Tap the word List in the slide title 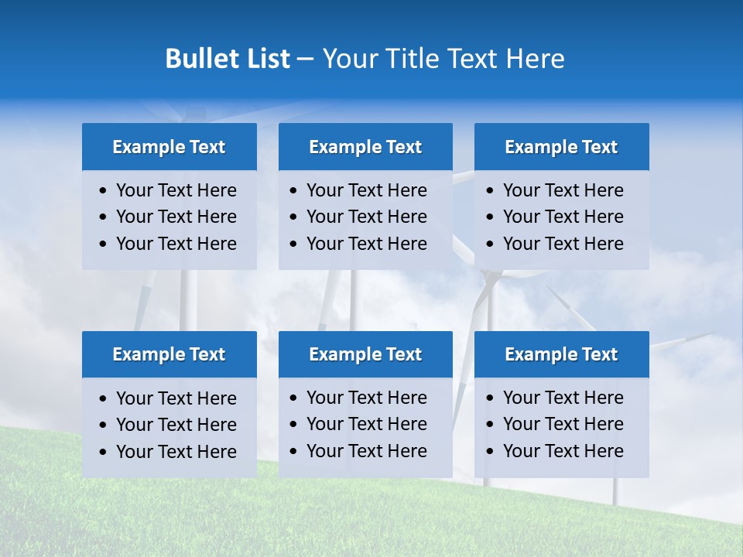tap(268, 59)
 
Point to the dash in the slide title tap(305, 59)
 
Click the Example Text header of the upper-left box tap(169, 147)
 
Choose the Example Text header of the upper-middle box tap(365, 147)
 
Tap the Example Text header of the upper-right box tap(561, 147)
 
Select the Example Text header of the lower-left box tap(169, 354)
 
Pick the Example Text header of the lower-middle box tap(365, 354)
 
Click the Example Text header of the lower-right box tap(561, 354)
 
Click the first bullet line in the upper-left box tap(176, 190)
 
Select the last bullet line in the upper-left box tap(176, 244)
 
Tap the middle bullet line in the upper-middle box tap(366, 217)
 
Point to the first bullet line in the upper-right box tap(563, 190)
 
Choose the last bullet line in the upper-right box tap(563, 244)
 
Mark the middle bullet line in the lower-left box tap(176, 425)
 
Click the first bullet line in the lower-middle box tap(366, 398)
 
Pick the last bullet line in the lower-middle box tap(366, 451)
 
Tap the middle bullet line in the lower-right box tap(563, 424)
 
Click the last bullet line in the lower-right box tap(563, 451)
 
